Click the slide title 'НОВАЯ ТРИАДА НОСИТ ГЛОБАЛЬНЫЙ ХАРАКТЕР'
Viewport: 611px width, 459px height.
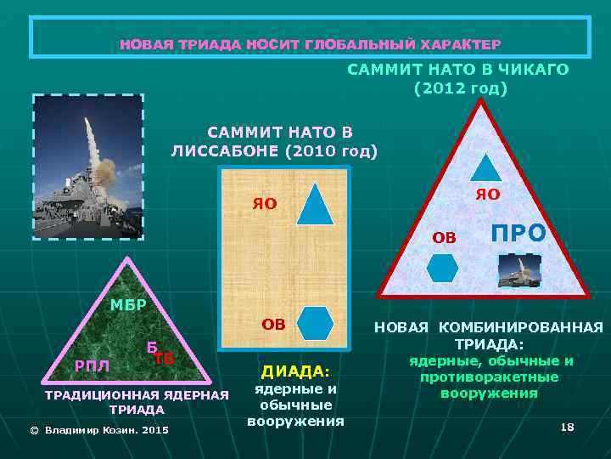click(x=310, y=43)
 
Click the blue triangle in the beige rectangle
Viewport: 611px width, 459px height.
click(x=316, y=203)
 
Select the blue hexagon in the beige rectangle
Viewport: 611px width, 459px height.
click(x=317, y=324)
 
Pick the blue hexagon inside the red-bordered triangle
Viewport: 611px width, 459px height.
click(x=442, y=268)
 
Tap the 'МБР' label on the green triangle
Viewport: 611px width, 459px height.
click(x=128, y=305)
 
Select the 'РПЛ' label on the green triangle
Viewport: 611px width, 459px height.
click(x=89, y=365)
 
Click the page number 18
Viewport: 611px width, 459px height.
click(x=568, y=426)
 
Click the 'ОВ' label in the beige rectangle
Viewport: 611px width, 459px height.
click(x=273, y=323)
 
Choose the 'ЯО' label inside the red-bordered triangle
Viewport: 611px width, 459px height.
click(x=488, y=195)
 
